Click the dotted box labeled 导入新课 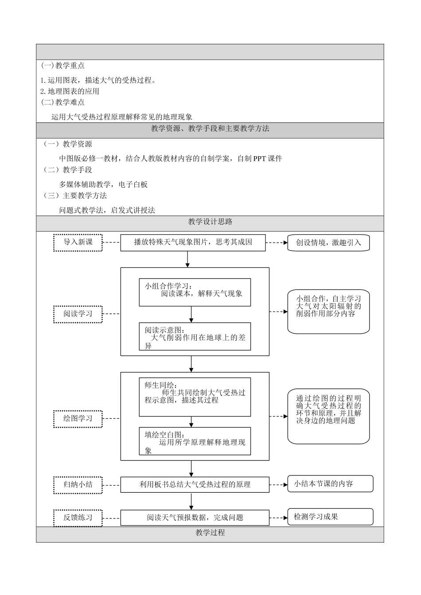78,242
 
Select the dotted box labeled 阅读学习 78,314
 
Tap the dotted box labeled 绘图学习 78,418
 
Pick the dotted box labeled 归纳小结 78,484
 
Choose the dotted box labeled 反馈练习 78,518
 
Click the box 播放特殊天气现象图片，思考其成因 193,242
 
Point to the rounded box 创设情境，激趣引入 328,243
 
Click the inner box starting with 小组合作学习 195,292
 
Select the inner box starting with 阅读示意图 195,336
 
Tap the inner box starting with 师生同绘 195,397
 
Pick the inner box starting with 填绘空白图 195,441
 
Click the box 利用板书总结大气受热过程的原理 195,484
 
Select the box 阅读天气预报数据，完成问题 195,518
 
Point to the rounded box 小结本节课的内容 330,483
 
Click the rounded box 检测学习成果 330,517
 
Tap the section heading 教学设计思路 210,222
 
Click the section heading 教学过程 210,533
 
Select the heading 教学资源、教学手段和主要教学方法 210,129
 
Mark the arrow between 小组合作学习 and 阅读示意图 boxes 191,314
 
